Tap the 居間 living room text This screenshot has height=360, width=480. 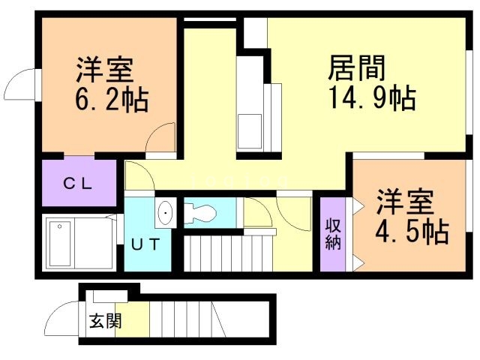[x=357, y=69]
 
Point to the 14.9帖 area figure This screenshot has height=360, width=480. [x=371, y=98]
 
